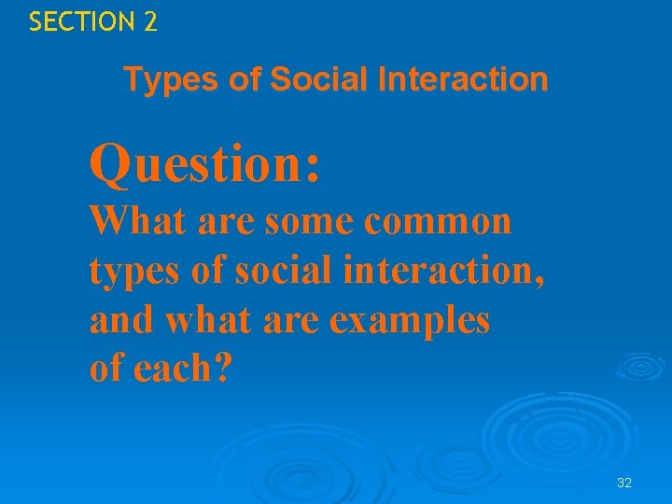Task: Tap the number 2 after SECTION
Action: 150,21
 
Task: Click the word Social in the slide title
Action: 314,80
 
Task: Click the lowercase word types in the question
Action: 131,273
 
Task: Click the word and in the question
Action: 122,320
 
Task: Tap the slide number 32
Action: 624,483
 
